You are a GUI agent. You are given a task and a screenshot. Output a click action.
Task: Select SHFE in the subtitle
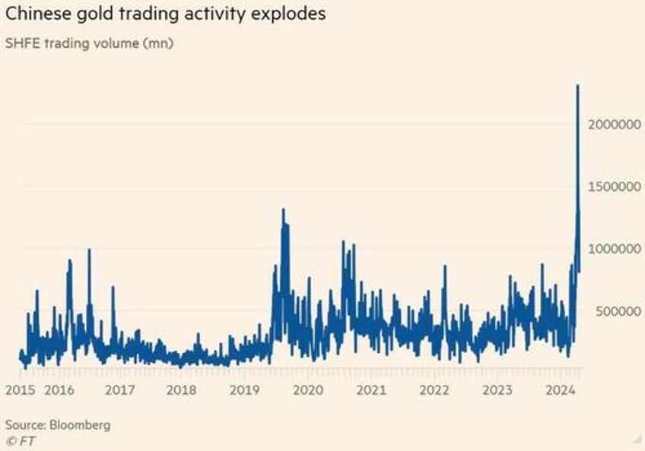pos(24,43)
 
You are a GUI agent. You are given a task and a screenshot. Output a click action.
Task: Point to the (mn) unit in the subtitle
pos(159,43)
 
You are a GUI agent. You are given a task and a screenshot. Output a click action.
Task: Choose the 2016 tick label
pos(59,390)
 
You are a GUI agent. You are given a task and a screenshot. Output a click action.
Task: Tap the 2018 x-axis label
pos(181,390)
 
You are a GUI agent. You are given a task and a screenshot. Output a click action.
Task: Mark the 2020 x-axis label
pos(308,390)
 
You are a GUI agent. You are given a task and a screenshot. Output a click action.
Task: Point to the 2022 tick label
pos(434,390)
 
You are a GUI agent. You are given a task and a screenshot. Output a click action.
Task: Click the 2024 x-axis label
pos(561,390)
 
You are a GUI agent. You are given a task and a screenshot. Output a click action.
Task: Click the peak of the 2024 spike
pos(578,86)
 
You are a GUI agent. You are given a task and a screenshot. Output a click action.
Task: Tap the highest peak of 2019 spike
pos(283,210)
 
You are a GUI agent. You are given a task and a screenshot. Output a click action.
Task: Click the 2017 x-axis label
pos(119,390)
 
